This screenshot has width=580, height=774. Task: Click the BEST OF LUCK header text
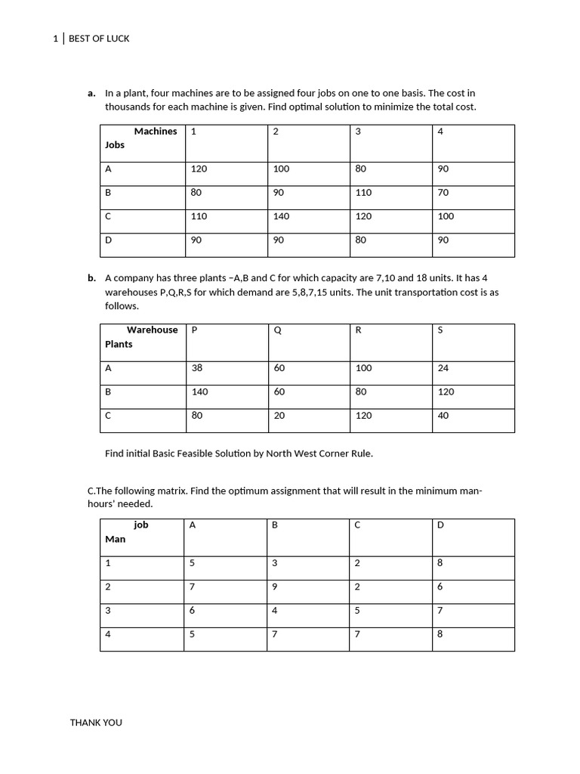pos(99,39)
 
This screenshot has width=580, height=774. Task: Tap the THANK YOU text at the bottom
pos(96,723)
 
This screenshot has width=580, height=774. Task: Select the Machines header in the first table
pos(156,132)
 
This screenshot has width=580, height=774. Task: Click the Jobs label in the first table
pos(115,145)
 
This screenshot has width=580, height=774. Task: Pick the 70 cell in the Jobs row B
pos(443,193)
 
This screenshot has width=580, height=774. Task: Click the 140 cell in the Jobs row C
pos(281,216)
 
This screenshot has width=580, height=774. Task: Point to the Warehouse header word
pos(152,330)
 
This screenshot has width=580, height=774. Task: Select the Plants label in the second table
pos(119,345)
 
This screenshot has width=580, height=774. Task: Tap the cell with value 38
pos(197,369)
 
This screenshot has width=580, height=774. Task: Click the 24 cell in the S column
pos(443,369)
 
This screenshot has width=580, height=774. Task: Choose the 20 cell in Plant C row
pos(279,416)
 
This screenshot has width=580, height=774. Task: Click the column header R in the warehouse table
pos(358,330)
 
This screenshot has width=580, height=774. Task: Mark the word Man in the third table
pos(115,540)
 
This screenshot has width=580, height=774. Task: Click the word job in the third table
pos(141,525)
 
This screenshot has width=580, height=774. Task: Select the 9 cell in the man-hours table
pos(275,587)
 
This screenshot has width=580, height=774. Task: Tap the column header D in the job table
pos(440,525)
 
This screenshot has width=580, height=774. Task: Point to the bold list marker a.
pos(91,94)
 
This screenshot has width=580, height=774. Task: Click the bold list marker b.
pos(91,278)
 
